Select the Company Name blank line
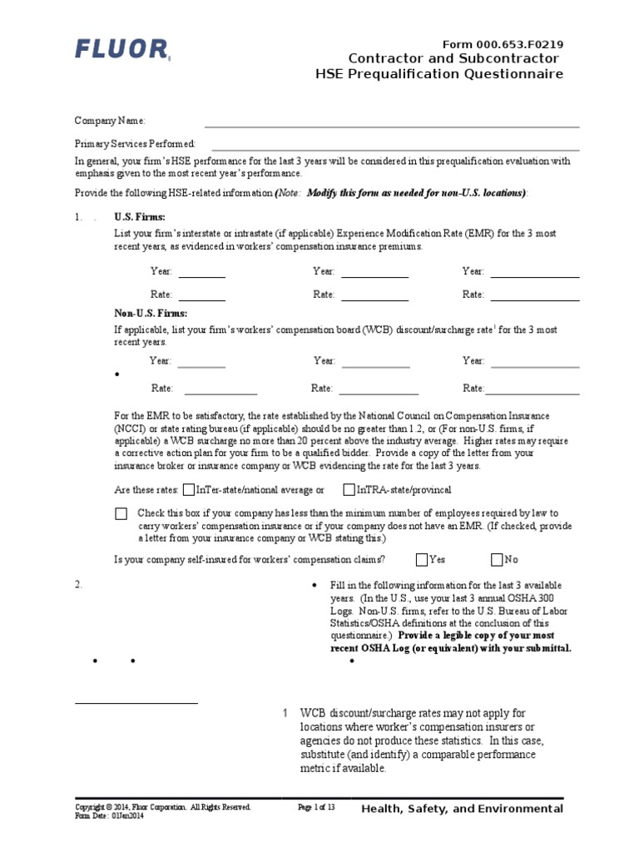[392, 126]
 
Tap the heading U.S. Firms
[140, 217]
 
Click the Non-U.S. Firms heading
[151, 313]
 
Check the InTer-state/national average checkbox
[189, 490]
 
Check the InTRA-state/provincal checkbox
[349, 490]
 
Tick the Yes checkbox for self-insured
[422, 560]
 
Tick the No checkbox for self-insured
[497, 560]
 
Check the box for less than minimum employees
[121, 514]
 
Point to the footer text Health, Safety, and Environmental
[463, 809]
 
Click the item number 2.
[78, 584]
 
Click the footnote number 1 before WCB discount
[285, 713]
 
